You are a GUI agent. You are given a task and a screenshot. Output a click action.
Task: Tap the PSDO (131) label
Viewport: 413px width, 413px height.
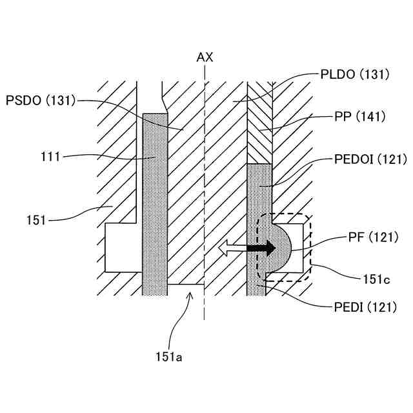(x=40, y=100)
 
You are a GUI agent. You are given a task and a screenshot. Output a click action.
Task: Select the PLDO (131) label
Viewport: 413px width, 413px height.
(x=355, y=75)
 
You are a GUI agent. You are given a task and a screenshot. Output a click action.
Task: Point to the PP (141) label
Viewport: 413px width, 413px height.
(x=360, y=117)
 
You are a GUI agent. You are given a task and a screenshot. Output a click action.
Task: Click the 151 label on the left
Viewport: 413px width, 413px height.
(x=37, y=219)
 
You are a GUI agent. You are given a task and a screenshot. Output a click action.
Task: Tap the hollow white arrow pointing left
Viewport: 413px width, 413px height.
(x=233, y=247)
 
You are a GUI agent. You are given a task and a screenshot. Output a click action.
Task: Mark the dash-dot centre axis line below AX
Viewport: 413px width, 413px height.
(x=205, y=194)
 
